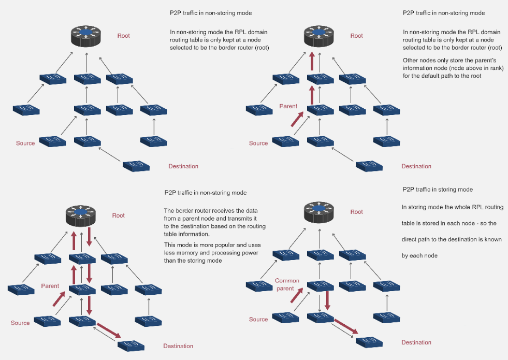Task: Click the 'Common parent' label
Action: [287, 284]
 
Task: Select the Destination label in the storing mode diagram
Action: [416, 342]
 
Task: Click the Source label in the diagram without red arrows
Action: [25, 143]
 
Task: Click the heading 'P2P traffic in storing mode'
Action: [438, 190]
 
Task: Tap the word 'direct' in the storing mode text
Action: [410, 240]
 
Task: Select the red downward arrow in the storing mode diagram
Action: [328, 300]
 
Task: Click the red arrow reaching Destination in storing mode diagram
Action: [345, 327]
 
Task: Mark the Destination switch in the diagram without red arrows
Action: [136, 166]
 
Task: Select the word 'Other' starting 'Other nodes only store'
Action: [411, 60]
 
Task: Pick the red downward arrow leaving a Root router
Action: [89, 237]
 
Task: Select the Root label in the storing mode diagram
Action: [356, 212]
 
